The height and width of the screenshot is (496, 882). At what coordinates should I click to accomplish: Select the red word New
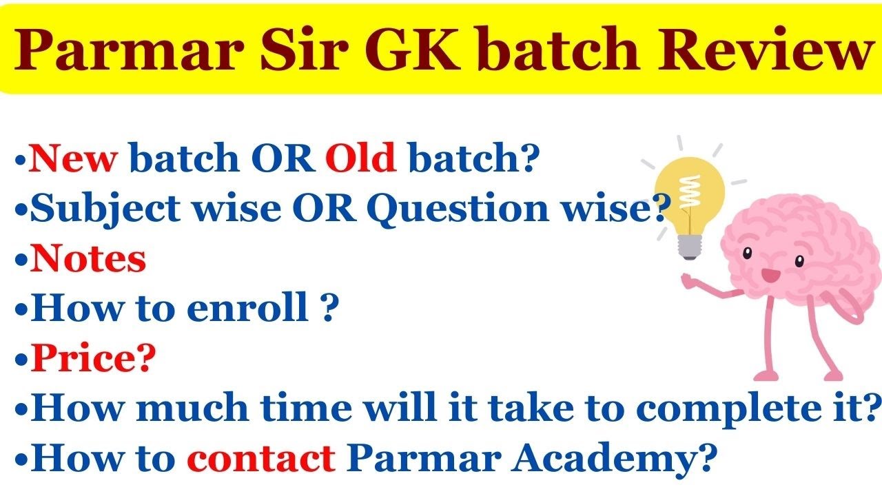pos(74,160)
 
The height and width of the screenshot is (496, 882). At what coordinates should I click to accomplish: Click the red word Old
pos(360,160)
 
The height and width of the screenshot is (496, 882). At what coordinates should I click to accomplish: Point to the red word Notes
pos(88,259)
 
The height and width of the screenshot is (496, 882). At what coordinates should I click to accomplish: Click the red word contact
pos(261,457)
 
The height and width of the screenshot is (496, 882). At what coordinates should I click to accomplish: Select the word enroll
pos(247,309)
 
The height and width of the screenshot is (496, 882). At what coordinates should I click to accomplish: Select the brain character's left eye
pos(747,253)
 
